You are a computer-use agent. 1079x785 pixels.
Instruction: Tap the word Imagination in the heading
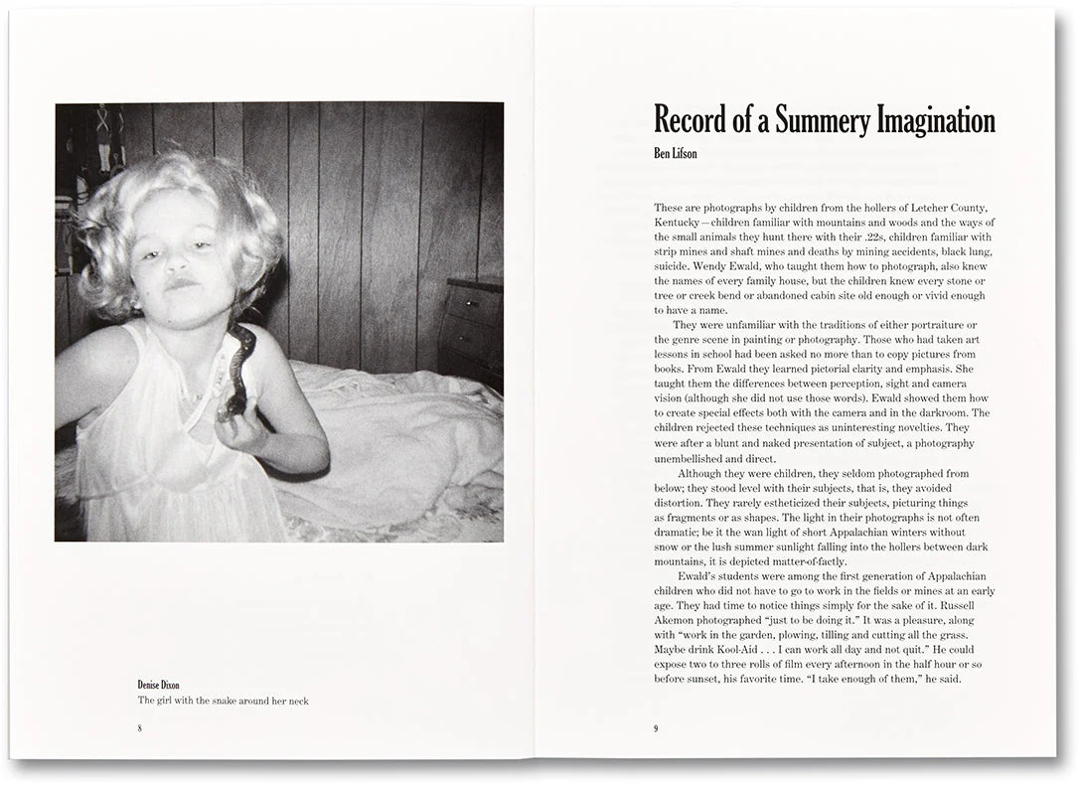[x=935, y=121]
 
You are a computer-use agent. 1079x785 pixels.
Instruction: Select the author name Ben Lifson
[x=676, y=153]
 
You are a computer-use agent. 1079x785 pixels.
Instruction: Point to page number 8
[x=140, y=728]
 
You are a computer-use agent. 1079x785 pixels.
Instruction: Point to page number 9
[x=656, y=728]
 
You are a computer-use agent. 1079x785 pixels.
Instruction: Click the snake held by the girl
[x=239, y=368]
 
